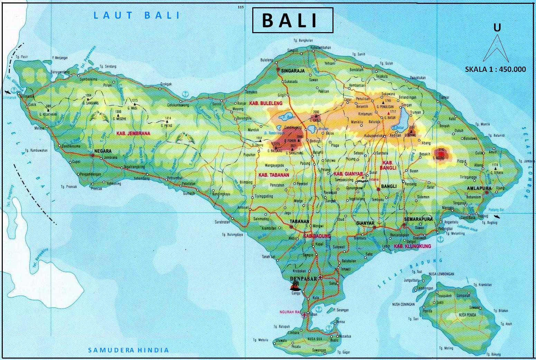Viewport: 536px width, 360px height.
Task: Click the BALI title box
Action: tap(292, 20)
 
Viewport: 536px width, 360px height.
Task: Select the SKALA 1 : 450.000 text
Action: tap(495, 69)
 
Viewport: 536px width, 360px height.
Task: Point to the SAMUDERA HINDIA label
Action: tap(129, 350)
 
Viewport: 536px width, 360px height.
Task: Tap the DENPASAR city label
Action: tap(304, 277)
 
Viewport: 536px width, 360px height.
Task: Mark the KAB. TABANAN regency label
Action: tap(274, 175)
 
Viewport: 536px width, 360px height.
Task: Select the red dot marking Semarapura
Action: tap(404, 225)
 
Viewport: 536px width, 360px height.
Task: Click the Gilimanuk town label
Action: tap(28, 96)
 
